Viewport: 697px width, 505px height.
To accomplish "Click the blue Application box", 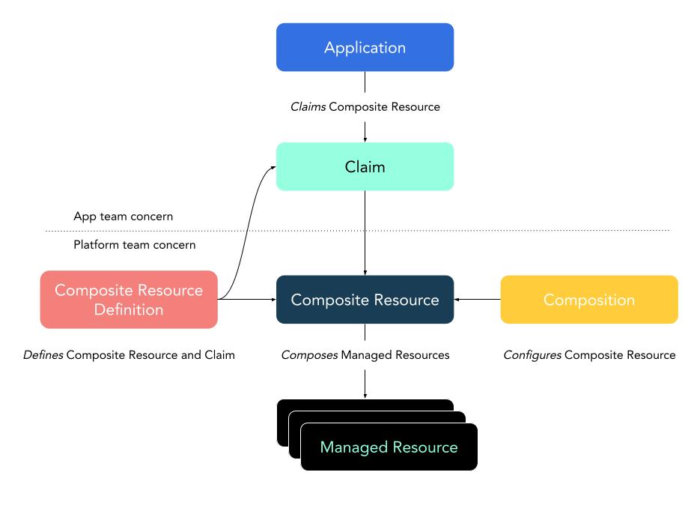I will click(x=365, y=47).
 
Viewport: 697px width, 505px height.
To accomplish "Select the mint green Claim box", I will click(x=365, y=166).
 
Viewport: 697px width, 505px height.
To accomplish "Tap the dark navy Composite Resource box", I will click(x=365, y=300).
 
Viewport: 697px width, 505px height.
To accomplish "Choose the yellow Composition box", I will click(x=588, y=300).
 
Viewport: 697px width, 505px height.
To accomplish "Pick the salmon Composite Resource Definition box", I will click(x=129, y=300).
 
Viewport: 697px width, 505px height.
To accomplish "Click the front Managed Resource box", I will click(x=389, y=447).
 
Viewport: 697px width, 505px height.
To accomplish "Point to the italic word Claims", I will click(x=307, y=107).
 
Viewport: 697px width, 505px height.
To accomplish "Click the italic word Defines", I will click(x=43, y=355).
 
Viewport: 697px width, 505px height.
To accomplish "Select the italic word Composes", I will click(x=308, y=355).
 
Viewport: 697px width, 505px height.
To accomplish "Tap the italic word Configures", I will click(x=532, y=355).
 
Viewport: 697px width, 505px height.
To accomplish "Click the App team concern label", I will click(x=123, y=216).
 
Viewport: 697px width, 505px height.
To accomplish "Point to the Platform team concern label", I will click(x=134, y=245).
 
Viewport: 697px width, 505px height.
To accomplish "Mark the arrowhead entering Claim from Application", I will click(x=365, y=138).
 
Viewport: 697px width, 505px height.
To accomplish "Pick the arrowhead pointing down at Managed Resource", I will click(x=365, y=395).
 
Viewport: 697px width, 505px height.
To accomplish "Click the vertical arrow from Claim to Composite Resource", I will click(x=365, y=232).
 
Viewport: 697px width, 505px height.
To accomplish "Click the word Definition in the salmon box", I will click(x=129, y=309).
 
